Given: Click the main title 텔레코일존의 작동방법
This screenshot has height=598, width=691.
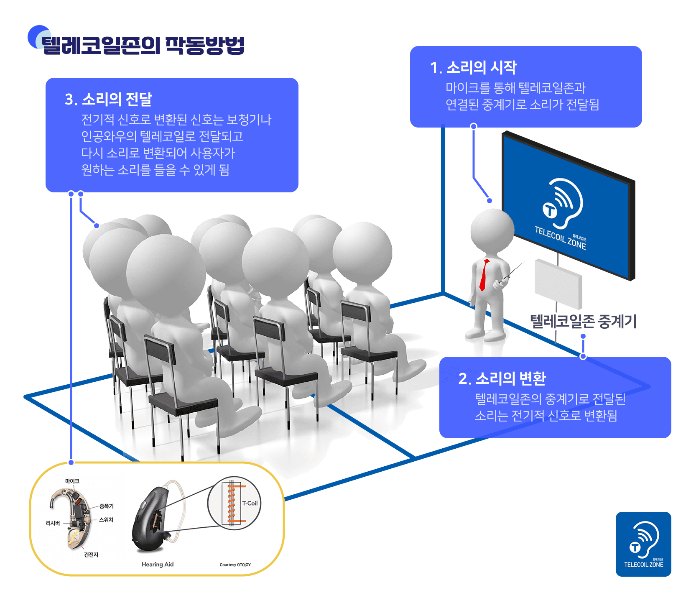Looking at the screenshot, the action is click(142, 45).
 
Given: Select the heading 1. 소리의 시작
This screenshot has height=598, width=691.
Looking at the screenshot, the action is click(473, 68).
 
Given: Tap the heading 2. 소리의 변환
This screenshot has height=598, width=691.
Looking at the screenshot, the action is click(502, 378).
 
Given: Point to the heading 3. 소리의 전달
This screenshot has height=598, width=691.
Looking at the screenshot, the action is click(108, 100).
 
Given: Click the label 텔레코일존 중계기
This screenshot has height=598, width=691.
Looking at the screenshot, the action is click(583, 321).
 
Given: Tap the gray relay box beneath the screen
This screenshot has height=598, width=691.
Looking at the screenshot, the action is click(558, 284).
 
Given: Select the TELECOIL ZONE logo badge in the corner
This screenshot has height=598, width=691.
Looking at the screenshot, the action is click(643, 544).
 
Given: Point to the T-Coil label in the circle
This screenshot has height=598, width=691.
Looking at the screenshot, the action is click(250, 503).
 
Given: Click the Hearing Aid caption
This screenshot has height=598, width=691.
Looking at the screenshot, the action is click(158, 564).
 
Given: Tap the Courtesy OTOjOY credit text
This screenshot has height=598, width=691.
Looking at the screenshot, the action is click(235, 565).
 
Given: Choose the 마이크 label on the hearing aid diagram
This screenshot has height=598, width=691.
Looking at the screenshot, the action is click(72, 481).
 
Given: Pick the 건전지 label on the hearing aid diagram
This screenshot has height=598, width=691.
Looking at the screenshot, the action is click(91, 555).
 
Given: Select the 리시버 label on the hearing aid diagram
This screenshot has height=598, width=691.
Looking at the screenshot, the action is click(53, 523).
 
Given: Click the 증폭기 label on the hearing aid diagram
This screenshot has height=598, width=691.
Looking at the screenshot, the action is click(107, 506).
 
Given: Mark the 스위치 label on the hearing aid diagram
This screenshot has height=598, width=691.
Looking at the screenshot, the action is click(106, 520).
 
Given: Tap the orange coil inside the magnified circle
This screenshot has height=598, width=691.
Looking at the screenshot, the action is click(231, 503).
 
